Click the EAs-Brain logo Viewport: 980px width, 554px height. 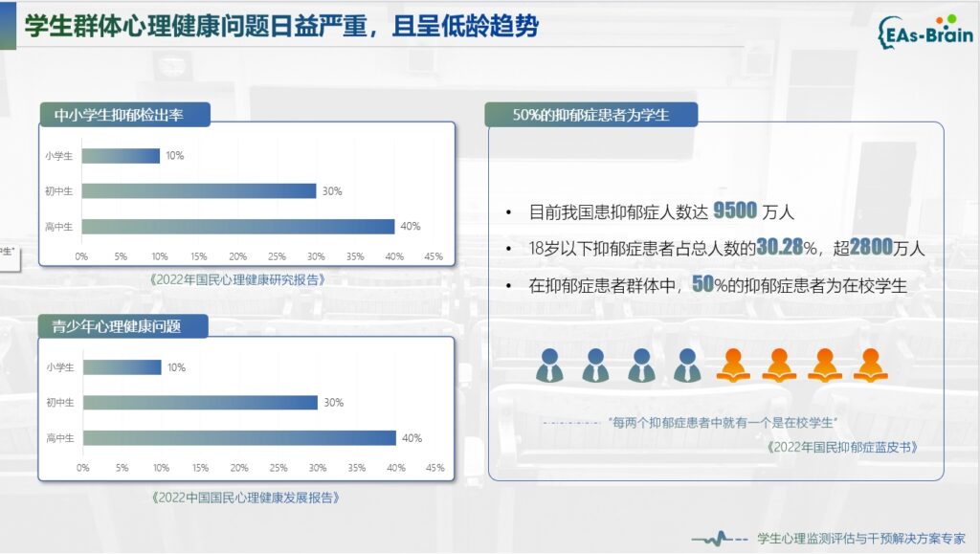click(x=925, y=32)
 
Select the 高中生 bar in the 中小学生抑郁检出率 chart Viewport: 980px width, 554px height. click(x=238, y=226)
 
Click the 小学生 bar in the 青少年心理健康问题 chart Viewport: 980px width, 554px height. click(x=122, y=367)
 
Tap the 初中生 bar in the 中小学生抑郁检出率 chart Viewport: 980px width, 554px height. click(x=199, y=191)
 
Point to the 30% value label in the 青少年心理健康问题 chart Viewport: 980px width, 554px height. click(x=334, y=403)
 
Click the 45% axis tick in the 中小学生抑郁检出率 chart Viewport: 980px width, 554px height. click(x=434, y=256)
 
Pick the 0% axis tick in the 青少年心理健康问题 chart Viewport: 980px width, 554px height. click(x=83, y=468)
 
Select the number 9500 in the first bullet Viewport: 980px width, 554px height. click(x=735, y=211)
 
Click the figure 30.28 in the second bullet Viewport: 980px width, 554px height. click(x=779, y=247)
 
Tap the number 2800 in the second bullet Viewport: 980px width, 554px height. click(x=871, y=247)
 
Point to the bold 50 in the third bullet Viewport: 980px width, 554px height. click(x=702, y=284)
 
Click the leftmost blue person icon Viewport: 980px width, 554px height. click(x=549, y=366)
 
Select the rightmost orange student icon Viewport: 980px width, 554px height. click(x=871, y=366)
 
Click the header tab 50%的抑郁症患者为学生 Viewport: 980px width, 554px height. click(x=591, y=115)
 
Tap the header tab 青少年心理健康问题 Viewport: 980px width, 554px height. click(x=123, y=326)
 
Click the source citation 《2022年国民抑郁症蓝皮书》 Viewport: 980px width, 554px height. click(x=842, y=447)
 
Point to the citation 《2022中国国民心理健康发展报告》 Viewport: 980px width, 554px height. click(x=246, y=498)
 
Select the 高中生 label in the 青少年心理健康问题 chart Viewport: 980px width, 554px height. click(x=60, y=438)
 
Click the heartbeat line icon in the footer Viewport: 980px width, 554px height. click(x=720, y=538)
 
